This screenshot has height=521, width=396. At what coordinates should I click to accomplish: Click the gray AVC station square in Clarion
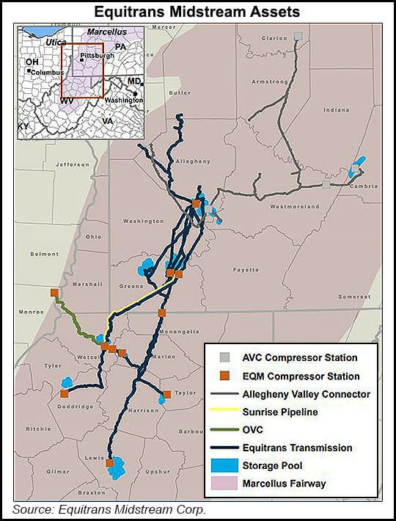tap(298, 35)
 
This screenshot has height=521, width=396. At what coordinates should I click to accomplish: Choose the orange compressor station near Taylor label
tap(167, 394)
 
